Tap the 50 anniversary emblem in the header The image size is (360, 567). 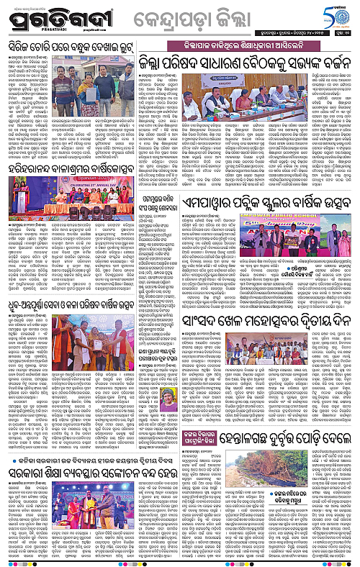tap(336, 17)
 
